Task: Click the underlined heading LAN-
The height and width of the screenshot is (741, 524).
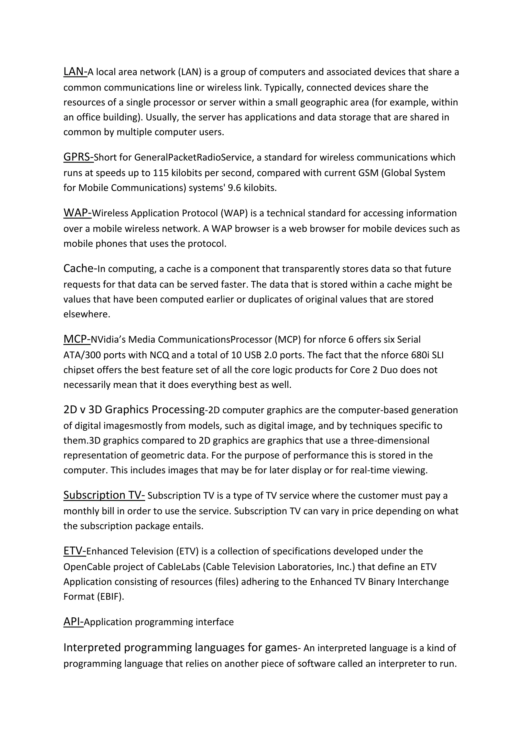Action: (x=75, y=71)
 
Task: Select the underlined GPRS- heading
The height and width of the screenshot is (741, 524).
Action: (x=78, y=157)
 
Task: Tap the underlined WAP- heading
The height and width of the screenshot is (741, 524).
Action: (x=78, y=213)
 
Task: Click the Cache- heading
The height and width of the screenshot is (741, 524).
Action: (x=80, y=268)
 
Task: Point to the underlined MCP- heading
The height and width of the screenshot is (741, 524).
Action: (x=77, y=339)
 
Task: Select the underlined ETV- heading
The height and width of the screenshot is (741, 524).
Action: (x=74, y=551)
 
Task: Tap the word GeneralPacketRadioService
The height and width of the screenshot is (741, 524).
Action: (x=193, y=158)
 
